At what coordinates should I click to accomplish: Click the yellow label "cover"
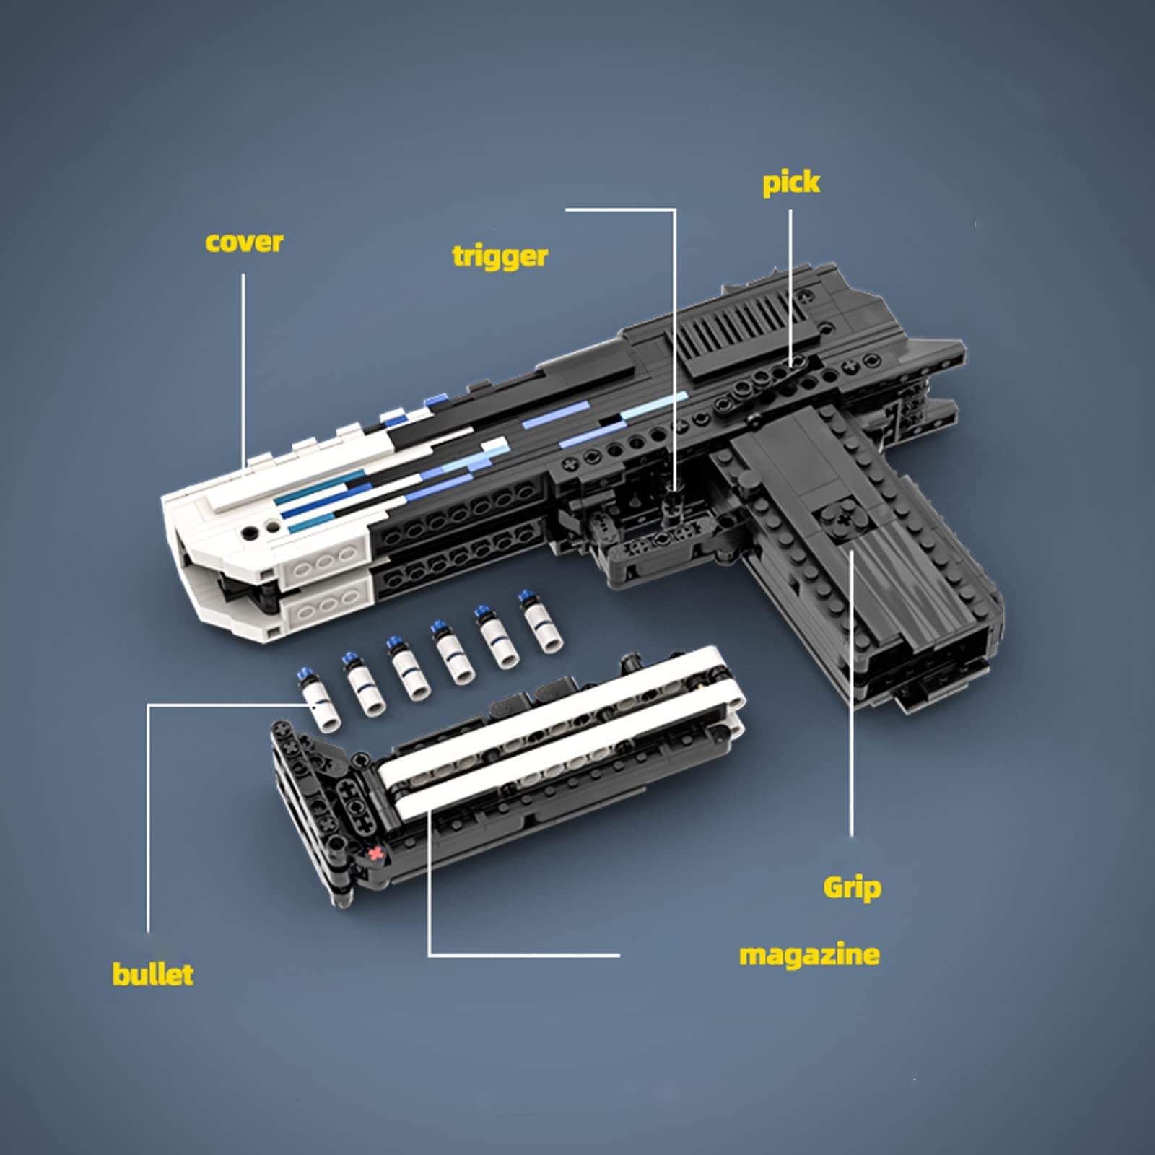coord(244,243)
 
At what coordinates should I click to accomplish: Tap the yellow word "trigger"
coord(500,257)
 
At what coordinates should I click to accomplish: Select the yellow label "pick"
coord(791,183)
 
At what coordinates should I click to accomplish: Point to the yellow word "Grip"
coord(852,888)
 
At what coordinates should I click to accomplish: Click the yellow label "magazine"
coord(809,955)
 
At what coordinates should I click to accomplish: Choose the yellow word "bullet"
coord(153,975)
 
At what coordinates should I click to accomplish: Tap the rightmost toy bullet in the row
coord(541,622)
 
